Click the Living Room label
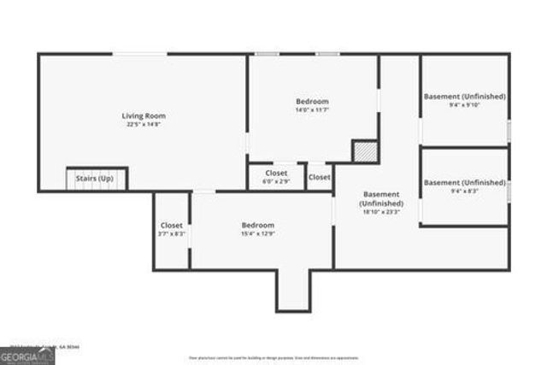click(144, 115)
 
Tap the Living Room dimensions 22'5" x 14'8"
click(144, 125)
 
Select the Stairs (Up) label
click(95, 179)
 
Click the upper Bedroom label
click(312, 101)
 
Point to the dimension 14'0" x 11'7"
click(312, 109)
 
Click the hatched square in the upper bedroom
click(365, 150)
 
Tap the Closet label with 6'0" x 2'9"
click(276, 173)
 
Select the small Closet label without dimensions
click(320, 177)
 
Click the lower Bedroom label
click(257, 225)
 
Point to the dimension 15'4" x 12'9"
click(257, 233)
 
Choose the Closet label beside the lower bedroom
click(172, 225)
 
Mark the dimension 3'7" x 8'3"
click(172, 233)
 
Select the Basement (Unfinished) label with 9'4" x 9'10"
click(465, 97)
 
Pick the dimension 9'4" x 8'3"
click(465, 191)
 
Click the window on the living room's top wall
click(140, 54)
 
